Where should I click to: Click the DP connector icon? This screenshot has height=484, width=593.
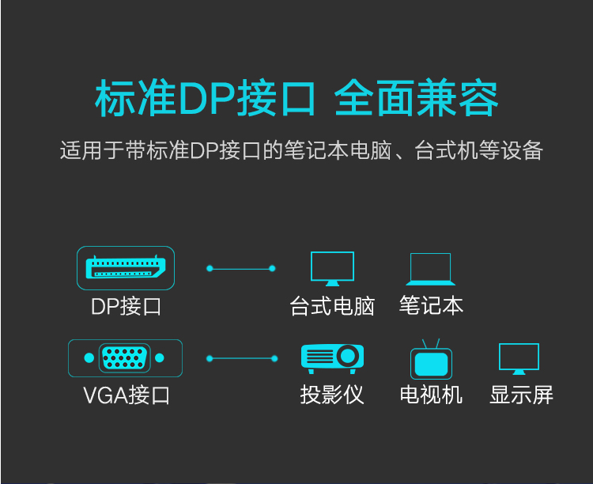click(x=126, y=268)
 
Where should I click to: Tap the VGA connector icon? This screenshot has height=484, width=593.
click(x=125, y=358)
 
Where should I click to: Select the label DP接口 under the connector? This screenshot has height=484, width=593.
click(x=126, y=306)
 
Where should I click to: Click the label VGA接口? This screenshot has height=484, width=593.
click(x=127, y=395)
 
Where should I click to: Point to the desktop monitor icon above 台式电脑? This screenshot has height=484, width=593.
click(x=332, y=269)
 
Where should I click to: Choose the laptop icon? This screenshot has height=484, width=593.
click(x=430, y=269)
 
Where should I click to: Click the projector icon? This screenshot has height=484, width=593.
click(x=332, y=359)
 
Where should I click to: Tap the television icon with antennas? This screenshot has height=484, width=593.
click(x=431, y=359)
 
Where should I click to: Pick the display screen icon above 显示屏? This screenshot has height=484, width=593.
click(x=519, y=359)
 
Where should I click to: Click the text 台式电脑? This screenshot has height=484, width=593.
click(x=332, y=306)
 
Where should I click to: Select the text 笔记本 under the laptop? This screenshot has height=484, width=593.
click(x=431, y=305)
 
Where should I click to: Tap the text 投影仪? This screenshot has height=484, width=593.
click(x=332, y=395)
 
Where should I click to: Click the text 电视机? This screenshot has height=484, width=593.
click(x=431, y=395)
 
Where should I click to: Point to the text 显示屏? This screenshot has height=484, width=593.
click(x=522, y=395)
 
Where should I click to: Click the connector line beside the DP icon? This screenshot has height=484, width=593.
click(x=241, y=269)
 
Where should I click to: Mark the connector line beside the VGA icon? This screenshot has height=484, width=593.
click(x=242, y=358)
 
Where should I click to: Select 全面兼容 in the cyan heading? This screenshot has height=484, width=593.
click(x=416, y=97)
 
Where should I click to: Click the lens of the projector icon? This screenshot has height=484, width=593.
click(x=348, y=356)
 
